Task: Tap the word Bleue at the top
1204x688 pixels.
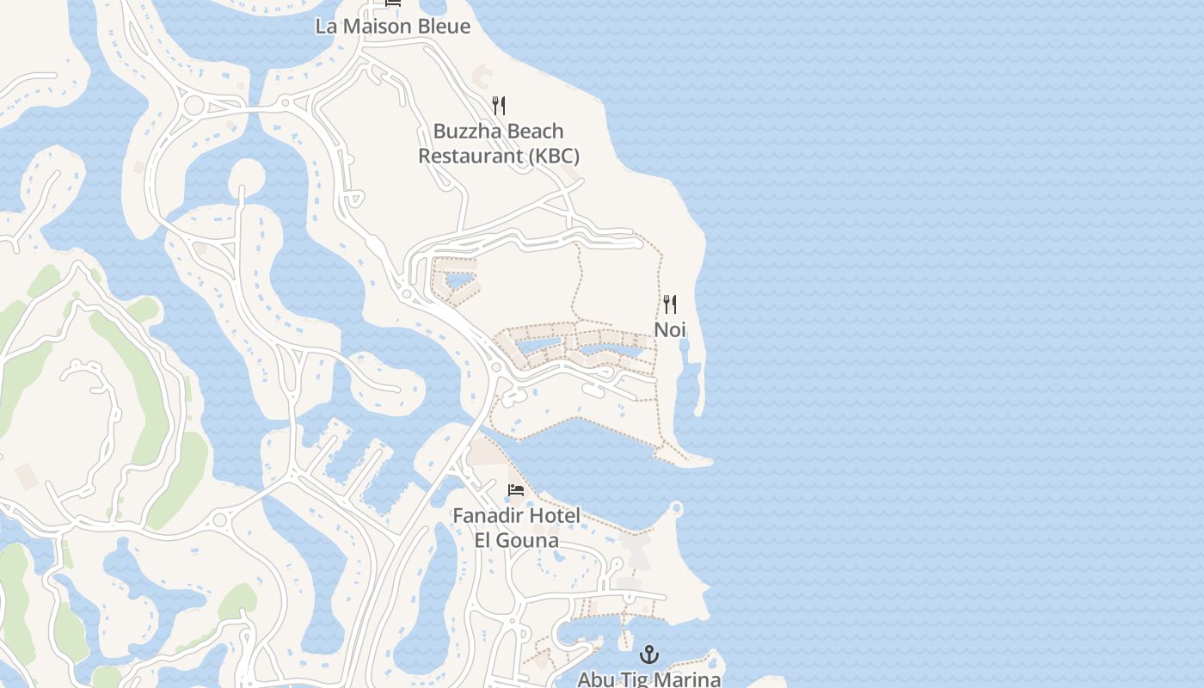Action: coord(444,26)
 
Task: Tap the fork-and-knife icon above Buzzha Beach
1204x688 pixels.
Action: coord(499,106)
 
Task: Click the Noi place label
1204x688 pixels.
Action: coord(670,329)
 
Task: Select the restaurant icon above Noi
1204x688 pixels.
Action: coord(670,304)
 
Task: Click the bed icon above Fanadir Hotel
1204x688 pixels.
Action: coord(516,490)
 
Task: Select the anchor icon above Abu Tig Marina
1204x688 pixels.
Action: coord(649,654)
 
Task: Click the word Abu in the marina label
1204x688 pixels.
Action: coord(595,679)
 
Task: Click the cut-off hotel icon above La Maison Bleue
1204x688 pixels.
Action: coord(393,3)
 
